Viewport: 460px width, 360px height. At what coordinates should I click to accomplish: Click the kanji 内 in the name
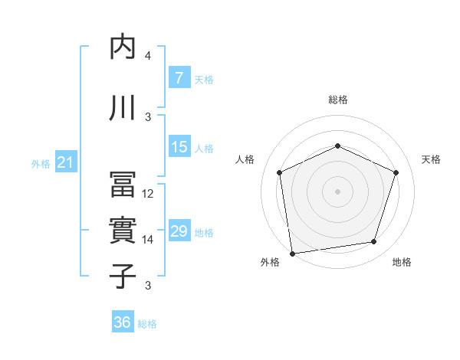pyautogui.click(x=123, y=47)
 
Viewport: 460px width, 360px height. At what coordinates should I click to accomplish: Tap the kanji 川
pyautogui.click(x=123, y=107)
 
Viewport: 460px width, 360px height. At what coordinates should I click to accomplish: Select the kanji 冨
pyautogui.click(x=123, y=185)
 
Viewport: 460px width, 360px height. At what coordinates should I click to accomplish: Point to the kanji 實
pyautogui.click(x=123, y=231)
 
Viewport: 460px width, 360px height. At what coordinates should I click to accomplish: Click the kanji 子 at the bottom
pyautogui.click(x=123, y=275)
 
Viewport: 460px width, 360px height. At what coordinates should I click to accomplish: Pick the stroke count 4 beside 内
pyautogui.click(x=148, y=56)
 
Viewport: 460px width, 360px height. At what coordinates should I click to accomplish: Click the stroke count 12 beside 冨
pyautogui.click(x=148, y=194)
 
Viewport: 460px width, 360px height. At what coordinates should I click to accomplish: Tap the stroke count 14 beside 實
pyautogui.click(x=148, y=240)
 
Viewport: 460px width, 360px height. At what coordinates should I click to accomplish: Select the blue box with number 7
pyautogui.click(x=179, y=78)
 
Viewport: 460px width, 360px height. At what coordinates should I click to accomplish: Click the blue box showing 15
pyautogui.click(x=179, y=147)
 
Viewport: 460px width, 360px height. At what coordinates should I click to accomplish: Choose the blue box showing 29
pyautogui.click(x=179, y=231)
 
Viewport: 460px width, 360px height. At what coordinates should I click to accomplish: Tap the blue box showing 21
pyautogui.click(x=65, y=162)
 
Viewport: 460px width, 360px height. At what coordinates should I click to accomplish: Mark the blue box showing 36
pyautogui.click(x=122, y=322)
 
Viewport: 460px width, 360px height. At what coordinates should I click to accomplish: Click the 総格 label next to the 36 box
pyautogui.click(x=147, y=324)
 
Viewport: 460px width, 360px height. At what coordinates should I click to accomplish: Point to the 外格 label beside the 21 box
pyautogui.click(x=40, y=164)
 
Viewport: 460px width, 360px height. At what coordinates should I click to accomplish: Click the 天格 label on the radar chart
pyautogui.click(x=431, y=159)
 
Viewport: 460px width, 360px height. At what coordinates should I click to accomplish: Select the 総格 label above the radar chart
pyautogui.click(x=337, y=100)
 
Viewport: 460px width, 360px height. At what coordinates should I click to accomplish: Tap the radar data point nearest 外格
pyautogui.click(x=292, y=253)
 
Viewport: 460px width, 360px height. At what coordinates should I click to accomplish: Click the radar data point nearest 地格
pyautogui.click(x=374, y=242)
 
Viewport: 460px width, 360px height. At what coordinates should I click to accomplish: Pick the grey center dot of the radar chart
pyautogui.click(x=337, y=191)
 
